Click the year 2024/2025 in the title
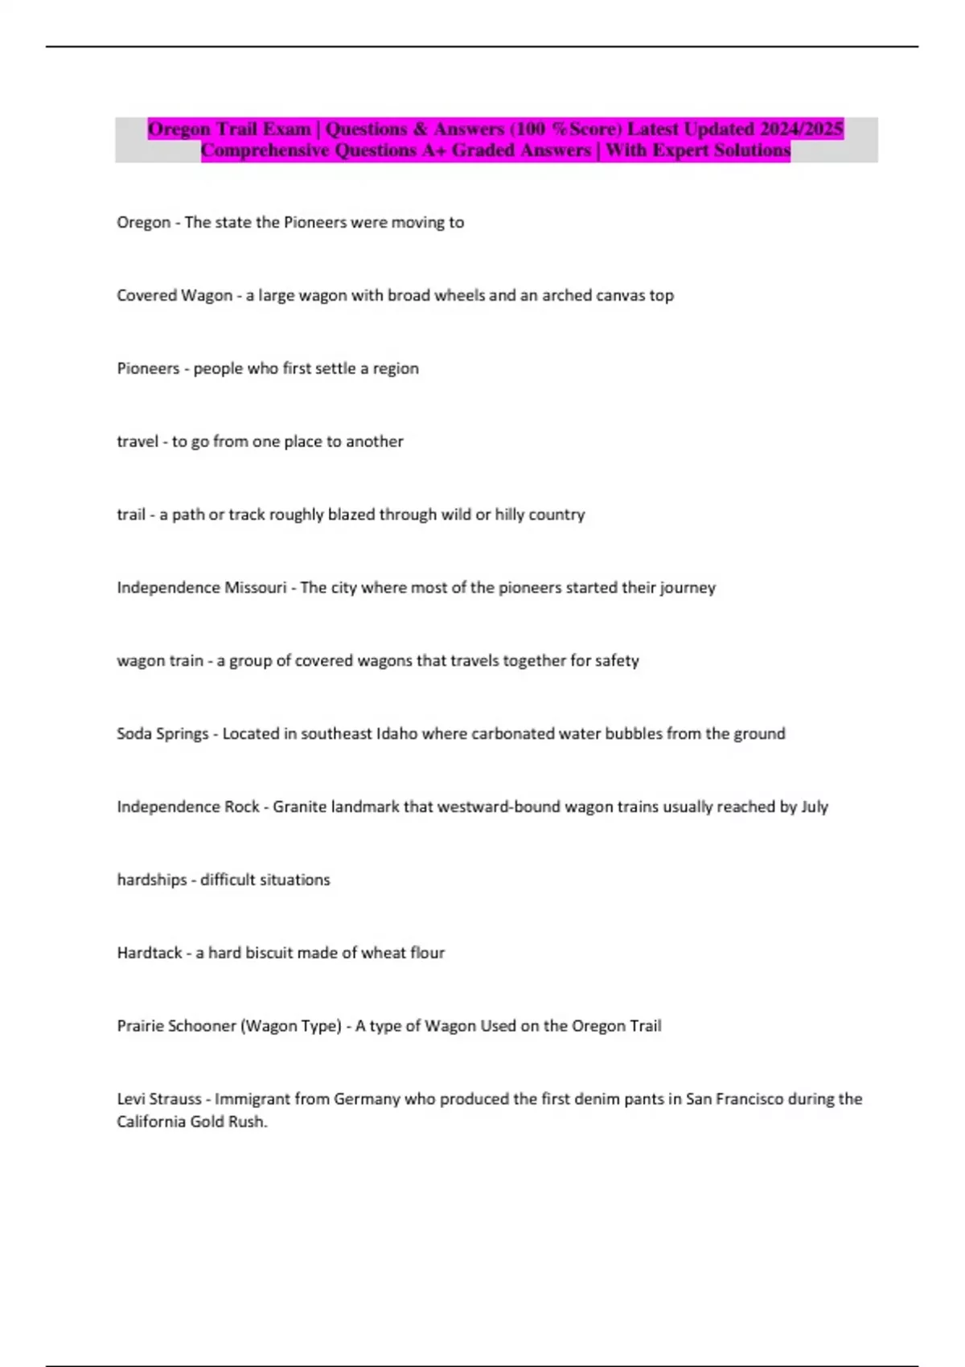click(801, 129)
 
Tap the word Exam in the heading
click(287, 129)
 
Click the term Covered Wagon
click(175, 295)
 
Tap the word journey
click(688, 588)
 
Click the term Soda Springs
click(162, 733)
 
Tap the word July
click(815, 807)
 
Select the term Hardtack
click(150, 953)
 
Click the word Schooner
click(201, 1026)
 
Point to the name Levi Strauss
click(159, 1099)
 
